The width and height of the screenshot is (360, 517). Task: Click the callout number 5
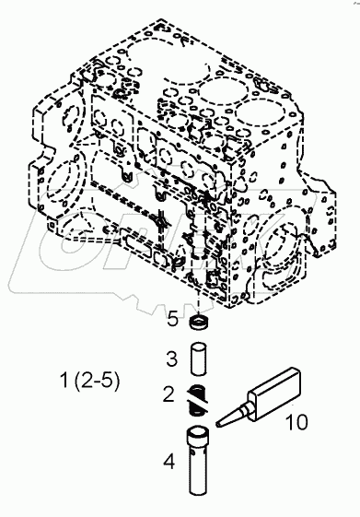click(x=173, y=321)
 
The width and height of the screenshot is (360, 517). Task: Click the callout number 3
click(x=172, y=358)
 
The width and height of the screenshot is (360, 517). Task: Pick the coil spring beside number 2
click(x=198, y=396)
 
